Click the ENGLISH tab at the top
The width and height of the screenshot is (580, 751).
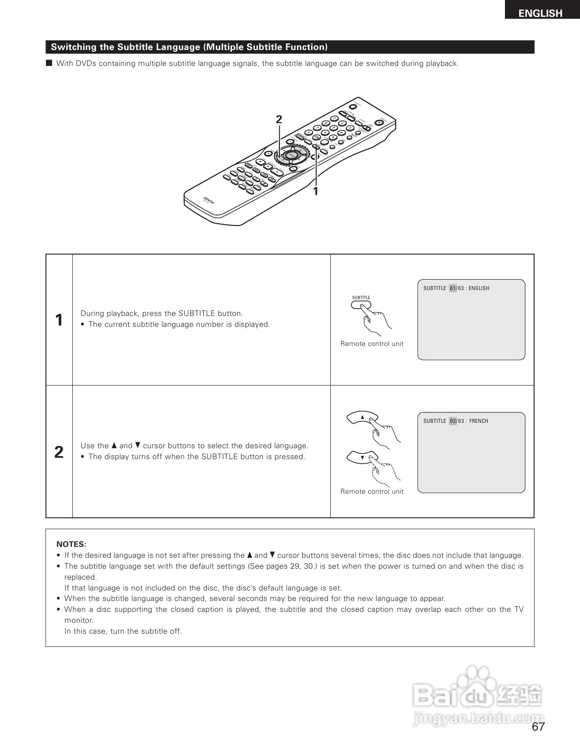[540, 13]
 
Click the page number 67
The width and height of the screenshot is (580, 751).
[538, 727]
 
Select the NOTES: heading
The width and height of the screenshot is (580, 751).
[71, 544]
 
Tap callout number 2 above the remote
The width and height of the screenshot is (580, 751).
[279, 120]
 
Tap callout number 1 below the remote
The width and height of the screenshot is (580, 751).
[315, 191]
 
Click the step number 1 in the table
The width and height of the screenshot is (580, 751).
[59, 320]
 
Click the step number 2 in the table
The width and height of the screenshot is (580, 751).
[59, 452]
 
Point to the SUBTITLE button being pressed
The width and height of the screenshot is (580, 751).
[361, 305]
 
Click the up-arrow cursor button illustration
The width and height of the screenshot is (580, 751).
[363, 417]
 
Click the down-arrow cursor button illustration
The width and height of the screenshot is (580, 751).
[363, 457]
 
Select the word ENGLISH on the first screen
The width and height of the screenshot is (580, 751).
[479, 288]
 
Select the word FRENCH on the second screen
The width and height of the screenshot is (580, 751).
[479, 421]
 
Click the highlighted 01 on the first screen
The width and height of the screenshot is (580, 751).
[453, 288]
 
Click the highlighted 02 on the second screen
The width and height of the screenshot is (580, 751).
[453, 421]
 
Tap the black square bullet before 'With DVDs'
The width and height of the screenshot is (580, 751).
[49, 63]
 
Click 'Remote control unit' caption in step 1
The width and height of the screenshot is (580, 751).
[372, 344]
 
